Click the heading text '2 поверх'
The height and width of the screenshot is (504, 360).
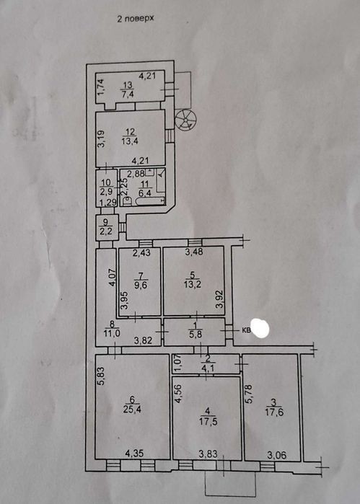[136, 19]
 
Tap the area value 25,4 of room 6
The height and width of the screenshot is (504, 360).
[132, 409]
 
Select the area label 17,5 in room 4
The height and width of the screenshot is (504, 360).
[208, 421]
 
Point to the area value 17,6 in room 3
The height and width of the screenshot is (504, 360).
[274, 412]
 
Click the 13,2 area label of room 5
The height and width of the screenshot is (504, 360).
[193, 284]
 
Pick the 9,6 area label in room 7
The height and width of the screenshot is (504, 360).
[141, 285]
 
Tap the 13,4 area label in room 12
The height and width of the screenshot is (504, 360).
[130, 141]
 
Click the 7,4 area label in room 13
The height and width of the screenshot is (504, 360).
[128, 94]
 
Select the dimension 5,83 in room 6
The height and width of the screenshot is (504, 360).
[102, 376]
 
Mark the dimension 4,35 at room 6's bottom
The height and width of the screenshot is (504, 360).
[134, 454]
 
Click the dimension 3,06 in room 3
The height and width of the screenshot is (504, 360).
[277, 455]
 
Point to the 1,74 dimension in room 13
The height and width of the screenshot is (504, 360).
[101, 87]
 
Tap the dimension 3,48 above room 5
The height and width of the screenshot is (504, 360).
[194, 252]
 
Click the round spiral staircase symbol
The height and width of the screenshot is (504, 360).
[185, 120]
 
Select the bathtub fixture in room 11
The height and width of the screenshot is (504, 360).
[149, 202]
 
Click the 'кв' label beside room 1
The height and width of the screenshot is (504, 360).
[246, 330]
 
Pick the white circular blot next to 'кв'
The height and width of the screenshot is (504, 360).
[260, 328]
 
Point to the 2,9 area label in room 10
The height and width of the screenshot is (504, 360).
[106, 193]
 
